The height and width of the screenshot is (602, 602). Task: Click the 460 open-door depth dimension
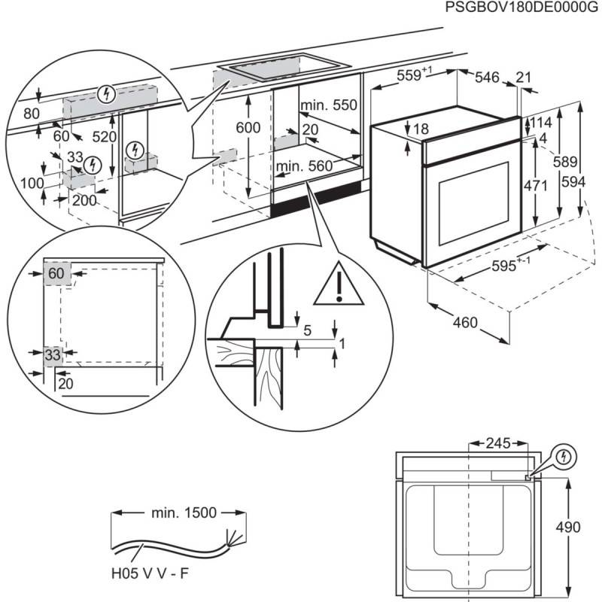pyautogui.click(x=465, y=322)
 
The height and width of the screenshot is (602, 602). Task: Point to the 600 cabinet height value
pyautogui.click(x=248, y=128)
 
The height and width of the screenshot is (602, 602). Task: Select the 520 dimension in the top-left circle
pyautogui.click(x=104, y=136)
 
